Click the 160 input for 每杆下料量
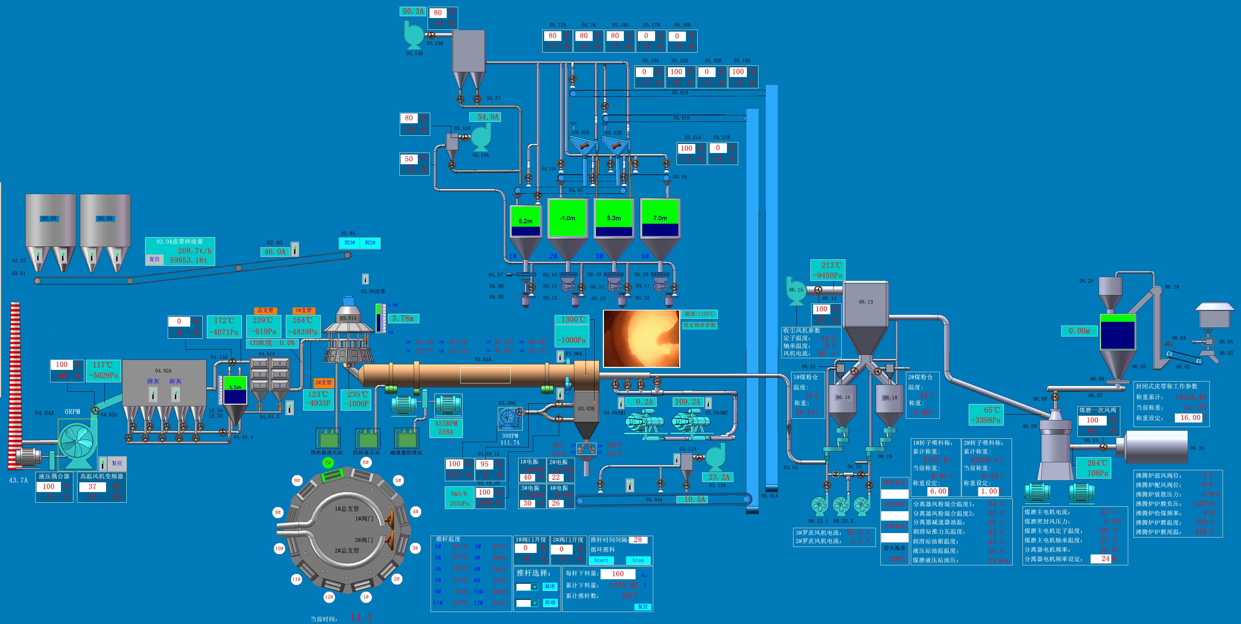coord(617,574)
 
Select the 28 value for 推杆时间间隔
coord(638,540)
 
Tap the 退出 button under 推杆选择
coord(550,586)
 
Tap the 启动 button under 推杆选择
coord(550,602)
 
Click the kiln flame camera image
coord(641,338)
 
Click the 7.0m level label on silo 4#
coord(660,218)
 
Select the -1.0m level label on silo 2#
coord(567,218)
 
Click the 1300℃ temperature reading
coord(573,319)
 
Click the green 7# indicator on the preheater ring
coord(328,463)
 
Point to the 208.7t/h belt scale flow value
coord(195,251)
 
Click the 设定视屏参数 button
coord(699,325)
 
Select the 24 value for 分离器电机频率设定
coord(1106,559)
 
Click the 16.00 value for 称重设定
coord(1190,418)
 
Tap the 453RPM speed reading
coord(446,424)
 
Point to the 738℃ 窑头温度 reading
coord(897,559)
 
